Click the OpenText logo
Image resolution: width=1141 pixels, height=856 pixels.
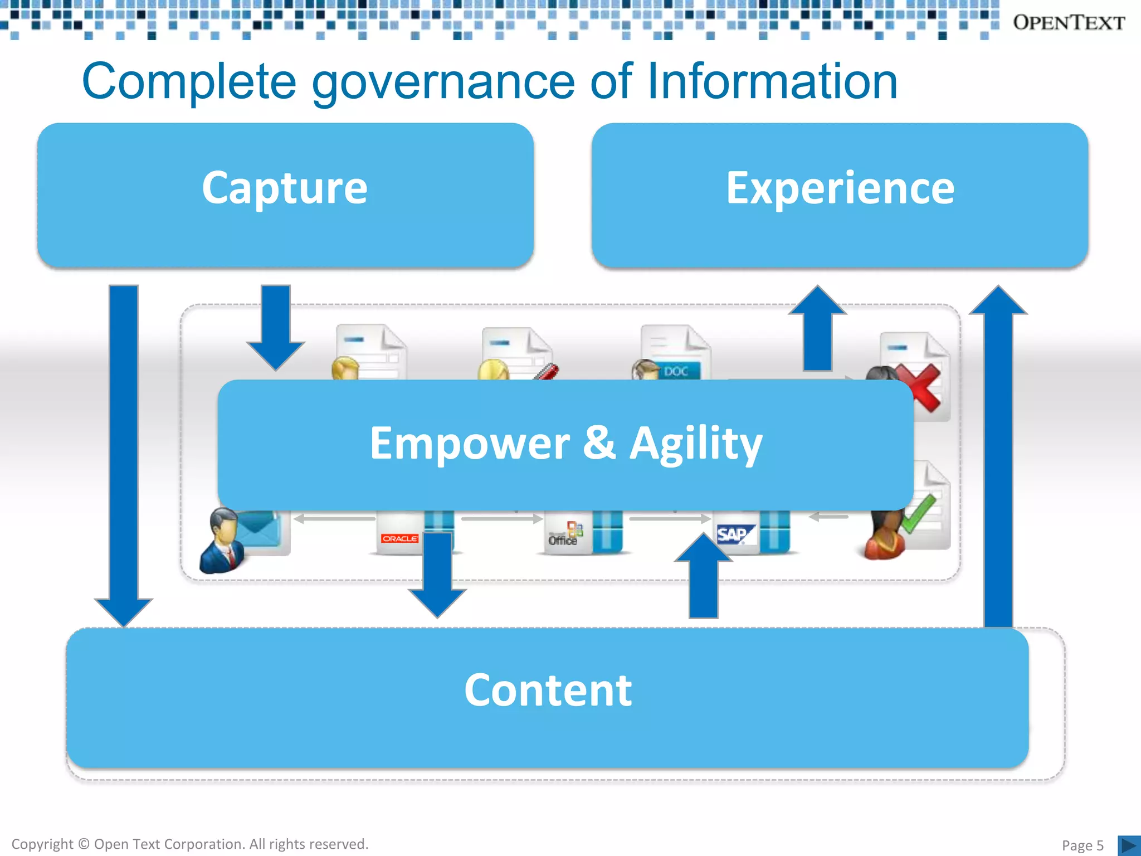tap(1068, 23)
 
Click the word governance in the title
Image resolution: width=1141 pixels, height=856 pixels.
tap(443, 82)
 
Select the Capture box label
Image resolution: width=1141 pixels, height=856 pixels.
tap(285, 188)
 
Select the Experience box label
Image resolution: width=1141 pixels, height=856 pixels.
tap(840, 188)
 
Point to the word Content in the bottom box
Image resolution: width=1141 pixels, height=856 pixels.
tap(548, 690)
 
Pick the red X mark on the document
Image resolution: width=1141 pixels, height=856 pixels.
tap(919, 387)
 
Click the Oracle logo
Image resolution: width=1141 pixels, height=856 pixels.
tap(399, 538)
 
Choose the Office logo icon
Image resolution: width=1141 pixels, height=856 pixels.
tap(564, 535)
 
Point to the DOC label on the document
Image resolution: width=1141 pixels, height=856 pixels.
tap(676, 371)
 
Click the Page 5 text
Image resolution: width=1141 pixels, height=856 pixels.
tap(1082, 845)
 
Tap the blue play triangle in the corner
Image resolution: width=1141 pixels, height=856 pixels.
tap(1129, 845)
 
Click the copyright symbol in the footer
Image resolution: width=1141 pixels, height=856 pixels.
tap(84, 844)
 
